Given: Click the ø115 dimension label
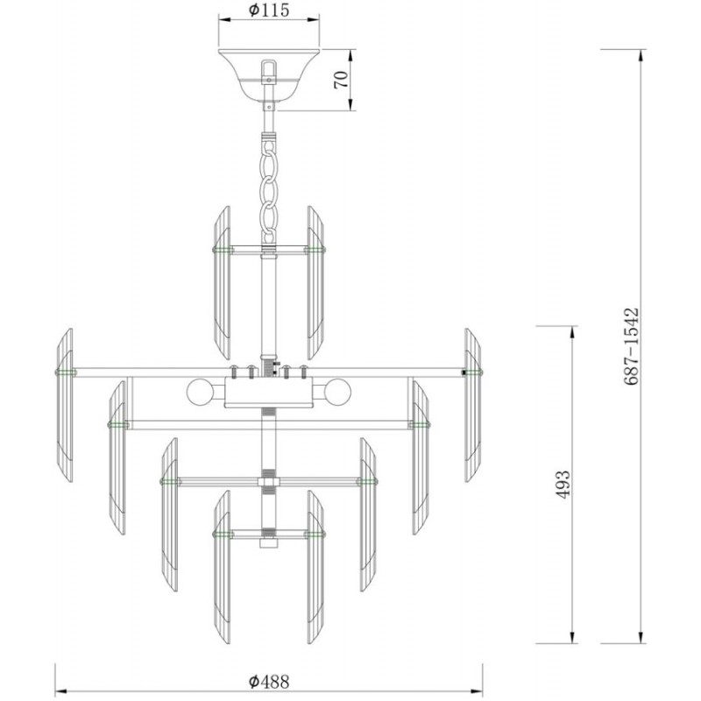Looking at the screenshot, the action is pos(269,10).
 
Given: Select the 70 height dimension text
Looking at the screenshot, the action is pos(341,80).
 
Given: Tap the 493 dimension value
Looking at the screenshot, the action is pos(563,485).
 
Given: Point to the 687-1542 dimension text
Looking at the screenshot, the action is pos(631,346).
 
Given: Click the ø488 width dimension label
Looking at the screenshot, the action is pos(269,682).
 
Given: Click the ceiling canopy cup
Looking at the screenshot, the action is pos(269,75).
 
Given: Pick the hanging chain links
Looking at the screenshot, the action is pos(269,192).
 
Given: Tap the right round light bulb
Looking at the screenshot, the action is pos(338,392).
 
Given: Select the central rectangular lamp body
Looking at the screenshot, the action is pos(269,392).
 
